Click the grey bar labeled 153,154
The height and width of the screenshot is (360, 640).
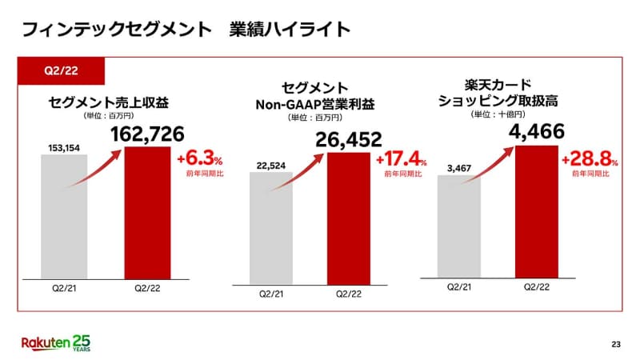tap(64, 216)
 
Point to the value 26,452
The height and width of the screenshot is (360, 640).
tap(350, 141)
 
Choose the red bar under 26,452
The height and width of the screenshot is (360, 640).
tap(349, 220)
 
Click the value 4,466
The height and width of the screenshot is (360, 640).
tap(538, 132)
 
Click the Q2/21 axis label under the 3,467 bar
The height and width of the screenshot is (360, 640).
tap(458, 286)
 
